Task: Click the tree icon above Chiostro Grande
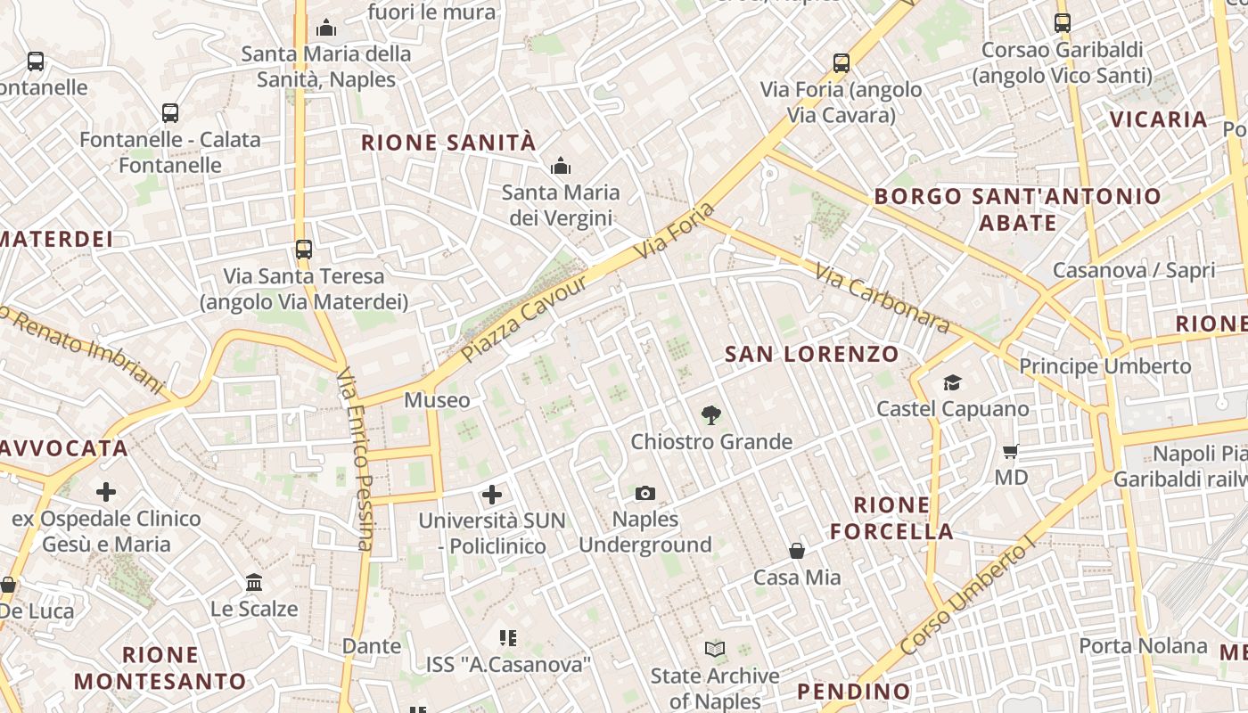710,414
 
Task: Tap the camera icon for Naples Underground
645,493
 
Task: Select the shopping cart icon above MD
1011,451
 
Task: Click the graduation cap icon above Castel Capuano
952,383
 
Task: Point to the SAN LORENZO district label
812,354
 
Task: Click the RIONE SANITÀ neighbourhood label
448,142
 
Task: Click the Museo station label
437,400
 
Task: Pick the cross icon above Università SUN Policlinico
491,494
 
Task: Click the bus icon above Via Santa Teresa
304,250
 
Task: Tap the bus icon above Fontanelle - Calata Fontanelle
170,113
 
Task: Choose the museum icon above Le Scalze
254,583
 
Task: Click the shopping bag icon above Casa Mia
797,552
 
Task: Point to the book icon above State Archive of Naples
715,650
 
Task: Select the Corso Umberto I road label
965,597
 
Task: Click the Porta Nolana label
1143,645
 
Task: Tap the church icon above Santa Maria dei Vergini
560,166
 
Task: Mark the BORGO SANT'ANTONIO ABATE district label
1017,209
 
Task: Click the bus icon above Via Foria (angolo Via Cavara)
842,63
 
